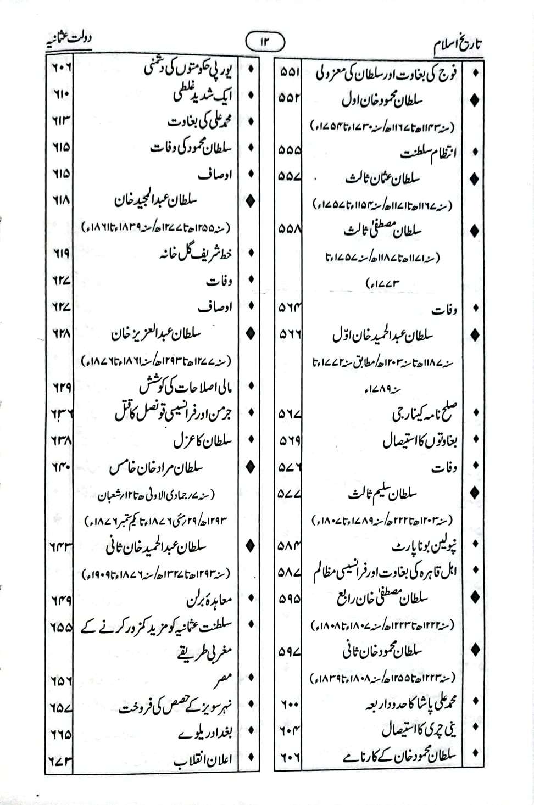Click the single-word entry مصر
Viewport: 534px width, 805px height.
[x=224, y=679]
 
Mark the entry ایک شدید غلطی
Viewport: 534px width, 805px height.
[x=203, y=95]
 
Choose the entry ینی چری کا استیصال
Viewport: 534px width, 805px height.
[x=419, y=730]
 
